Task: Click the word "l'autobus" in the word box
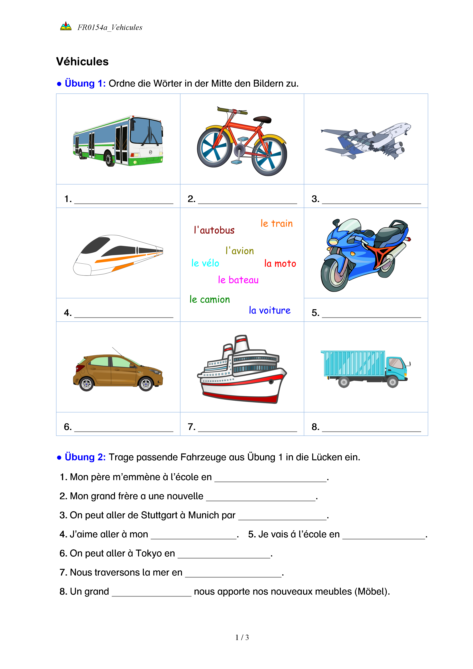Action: point(214,230)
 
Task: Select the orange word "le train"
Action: point(276,224)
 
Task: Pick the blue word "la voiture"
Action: point(269,310)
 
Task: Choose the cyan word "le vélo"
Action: point(205,263)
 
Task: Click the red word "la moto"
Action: point(280,263)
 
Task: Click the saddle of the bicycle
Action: point(262,119)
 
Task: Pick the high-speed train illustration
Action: point(118,255)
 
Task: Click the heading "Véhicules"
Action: point(82,61)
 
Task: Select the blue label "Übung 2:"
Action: point(85,457)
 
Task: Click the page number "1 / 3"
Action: point(242,638)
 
